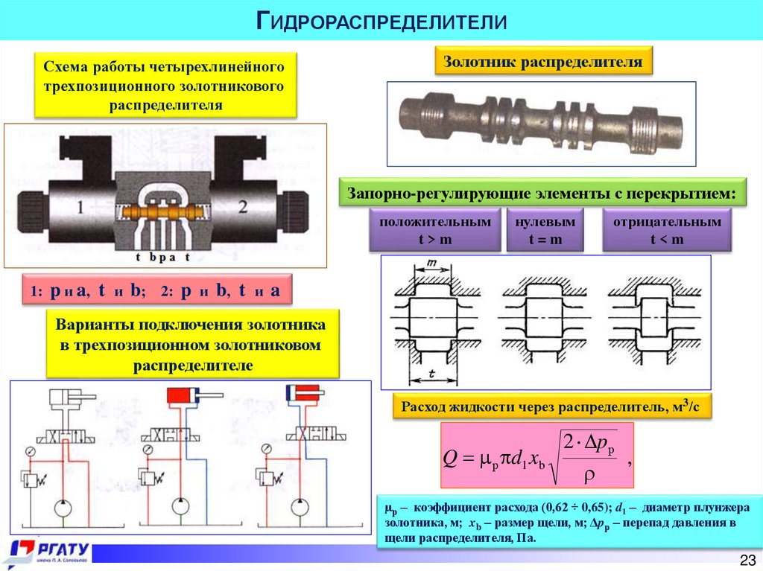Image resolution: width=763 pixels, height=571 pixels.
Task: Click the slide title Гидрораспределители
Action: click(x=381, y=20)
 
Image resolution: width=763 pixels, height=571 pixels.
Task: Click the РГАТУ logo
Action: click(x=46, y=551)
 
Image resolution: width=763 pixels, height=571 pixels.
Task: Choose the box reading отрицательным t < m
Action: click(x=667, y=231)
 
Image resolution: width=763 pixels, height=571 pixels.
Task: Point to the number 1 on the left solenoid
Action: click(x=80, y=207)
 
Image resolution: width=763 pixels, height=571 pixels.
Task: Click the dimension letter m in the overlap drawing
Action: click(x=427, y=263)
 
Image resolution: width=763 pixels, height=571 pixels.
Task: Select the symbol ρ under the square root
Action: click(x=589, y=473)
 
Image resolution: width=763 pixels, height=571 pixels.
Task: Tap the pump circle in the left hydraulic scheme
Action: click(x=62, y=508)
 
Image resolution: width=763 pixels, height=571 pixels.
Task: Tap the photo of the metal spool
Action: click(x=542, y=122)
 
